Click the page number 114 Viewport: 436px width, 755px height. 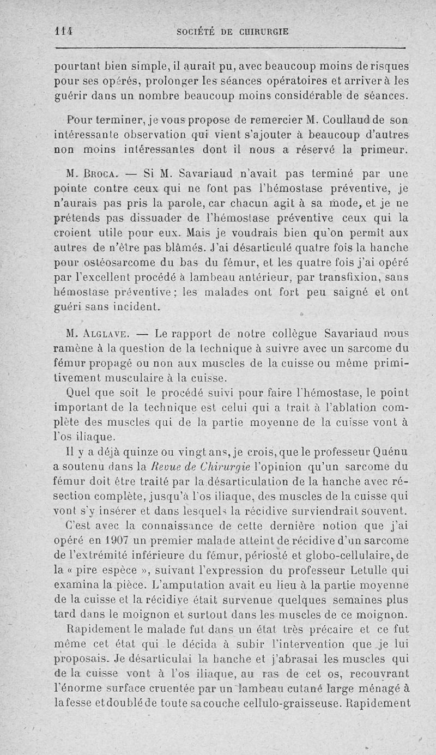point(65,32)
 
